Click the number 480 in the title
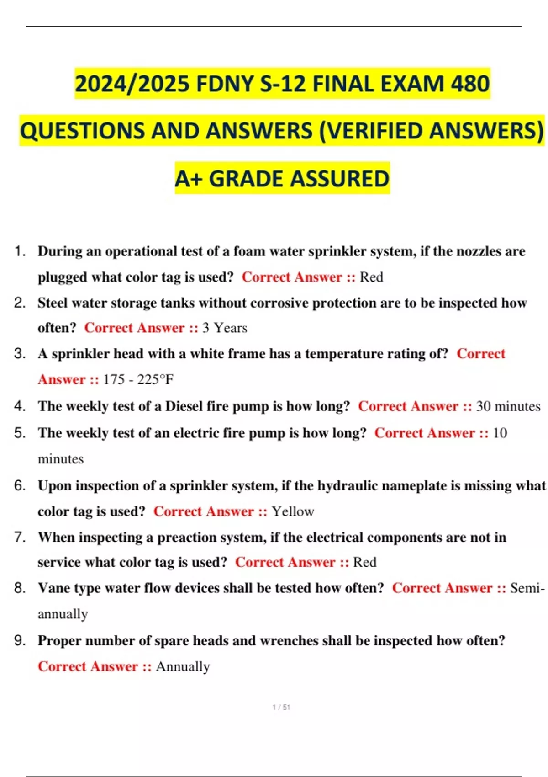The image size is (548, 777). click(x=470, y=84)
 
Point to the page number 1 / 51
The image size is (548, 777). click(x=281, y=707)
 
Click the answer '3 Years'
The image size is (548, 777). click(x=225, y=328)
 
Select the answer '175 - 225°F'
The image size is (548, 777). click(x=138, y=379)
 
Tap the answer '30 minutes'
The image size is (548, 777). click(x=508, y=406)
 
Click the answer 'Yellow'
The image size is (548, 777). click(x=293, y=511)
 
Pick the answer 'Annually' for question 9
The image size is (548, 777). click(x=183, y=666)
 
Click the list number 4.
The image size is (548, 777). click(x=19, y=406)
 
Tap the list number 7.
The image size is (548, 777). click(x=19, y=537)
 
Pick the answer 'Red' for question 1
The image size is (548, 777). click(x=371, y=277)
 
